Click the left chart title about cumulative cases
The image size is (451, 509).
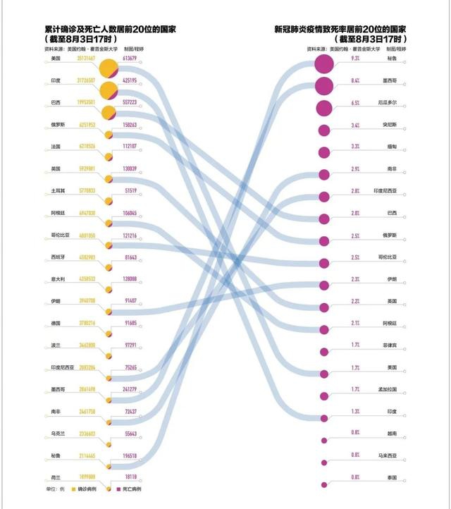110,30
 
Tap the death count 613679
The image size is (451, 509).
130,59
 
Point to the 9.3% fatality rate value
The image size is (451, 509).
354,59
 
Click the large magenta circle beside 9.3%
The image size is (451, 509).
323,63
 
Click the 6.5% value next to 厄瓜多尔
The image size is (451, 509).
354,103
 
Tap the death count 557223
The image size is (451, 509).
130,103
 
